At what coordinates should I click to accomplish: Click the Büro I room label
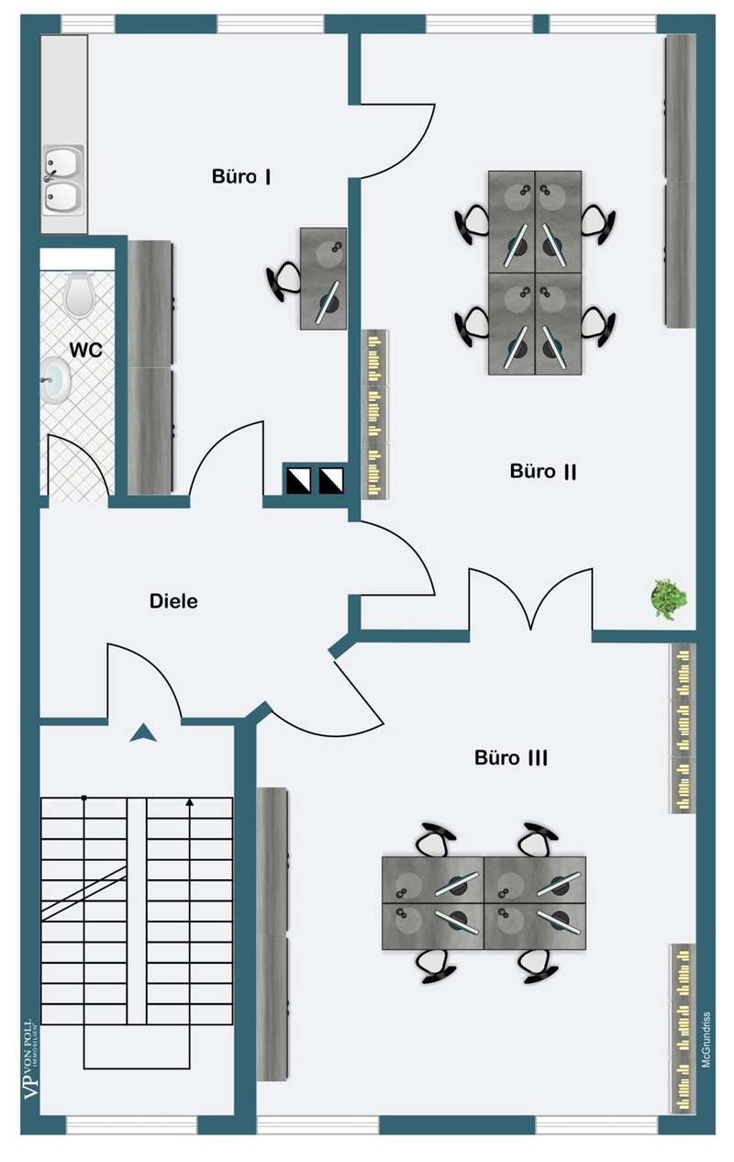240,176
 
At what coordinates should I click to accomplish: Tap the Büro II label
543,471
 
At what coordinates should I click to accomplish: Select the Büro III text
511,758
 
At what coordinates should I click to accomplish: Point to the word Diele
173,602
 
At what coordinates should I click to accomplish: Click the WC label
85,350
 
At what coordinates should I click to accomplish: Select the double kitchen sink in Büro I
62,181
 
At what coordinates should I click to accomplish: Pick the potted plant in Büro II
669,598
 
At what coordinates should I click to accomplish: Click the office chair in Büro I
284,278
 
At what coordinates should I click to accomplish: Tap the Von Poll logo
29,1065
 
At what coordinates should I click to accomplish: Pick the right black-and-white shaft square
330,478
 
